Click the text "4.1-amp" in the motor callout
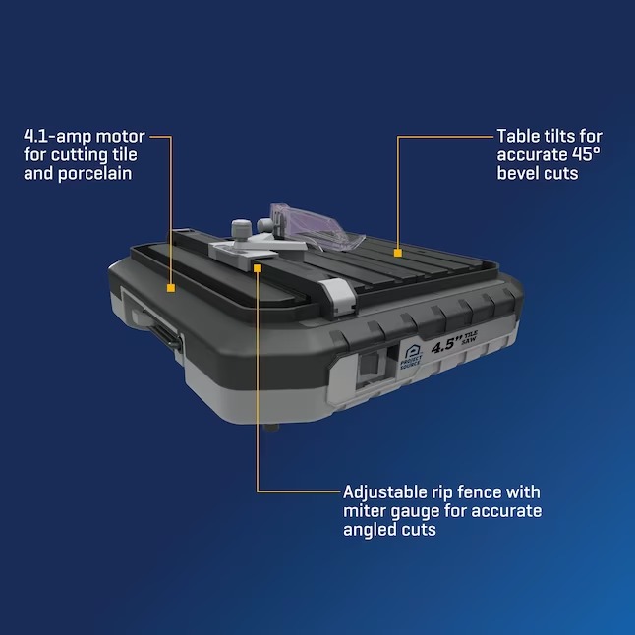58,137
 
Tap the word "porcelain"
94,174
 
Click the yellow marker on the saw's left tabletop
171,288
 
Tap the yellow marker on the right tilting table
398,253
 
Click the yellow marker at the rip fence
258,268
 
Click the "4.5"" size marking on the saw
446,345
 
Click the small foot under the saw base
271,428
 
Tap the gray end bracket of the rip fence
338,295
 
